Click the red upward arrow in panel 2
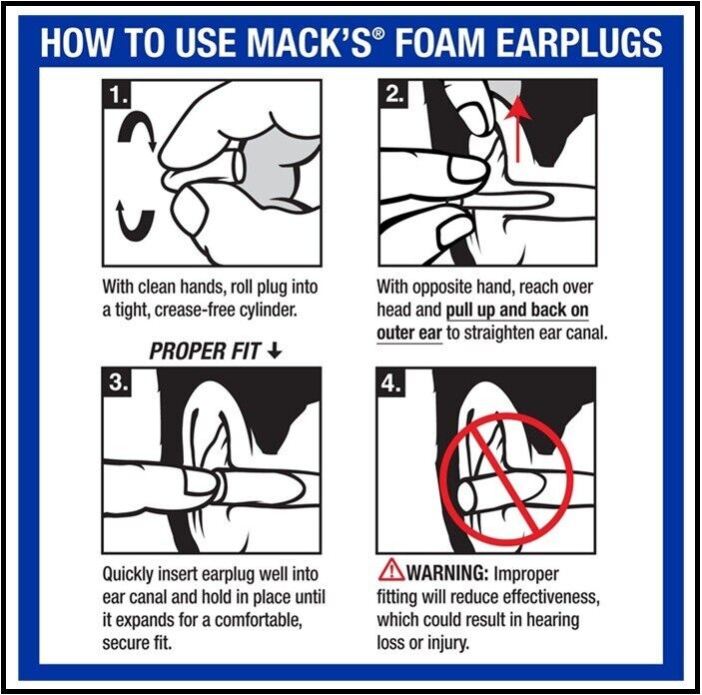click(x=515, y=125)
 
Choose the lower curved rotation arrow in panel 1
click(x=133, y=217)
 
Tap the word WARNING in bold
click(x=448, y=574)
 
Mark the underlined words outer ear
click(x=409, y=332)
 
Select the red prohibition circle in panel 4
click(x=509, y=468)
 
